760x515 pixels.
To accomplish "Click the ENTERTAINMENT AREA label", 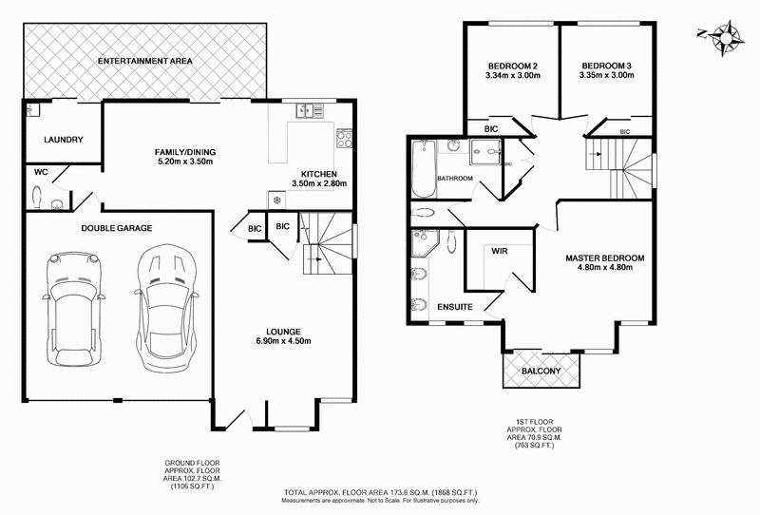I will (146, 61).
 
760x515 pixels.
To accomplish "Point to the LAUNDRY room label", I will (64, 140).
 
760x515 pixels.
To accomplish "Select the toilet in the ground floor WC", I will (38, 197).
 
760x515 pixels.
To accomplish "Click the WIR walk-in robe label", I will (500, 252).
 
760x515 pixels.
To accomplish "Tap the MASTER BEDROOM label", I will (604, 257).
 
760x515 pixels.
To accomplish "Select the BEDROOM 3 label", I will (606, 65).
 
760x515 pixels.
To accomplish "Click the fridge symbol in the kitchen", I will (276, 200).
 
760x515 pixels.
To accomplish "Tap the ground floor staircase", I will (323, 245).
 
